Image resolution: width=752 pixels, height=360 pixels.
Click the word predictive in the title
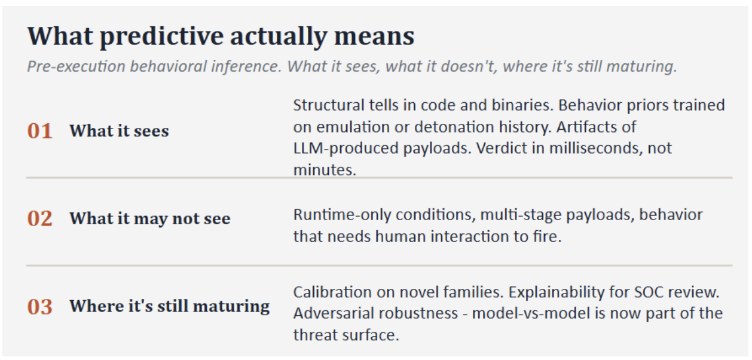pyautogui.click(x=161, y=36)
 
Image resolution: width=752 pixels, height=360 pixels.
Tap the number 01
pyautogui.click(x=39, y=130)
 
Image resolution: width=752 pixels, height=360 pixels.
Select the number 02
pyautogui.click(x=39, y=219)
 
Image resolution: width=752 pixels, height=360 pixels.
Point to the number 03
pyautogui.click(x=39, y=307)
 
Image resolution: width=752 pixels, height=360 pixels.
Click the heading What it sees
pyautogui.click(x=119, y=130)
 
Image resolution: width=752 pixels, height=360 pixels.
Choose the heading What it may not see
pyautogui.click(x=150, y=219)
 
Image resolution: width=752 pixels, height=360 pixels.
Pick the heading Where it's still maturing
pyautogui.click(x=170, y=306)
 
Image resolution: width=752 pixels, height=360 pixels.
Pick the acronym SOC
pyautogui.click(x=649, y=292)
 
